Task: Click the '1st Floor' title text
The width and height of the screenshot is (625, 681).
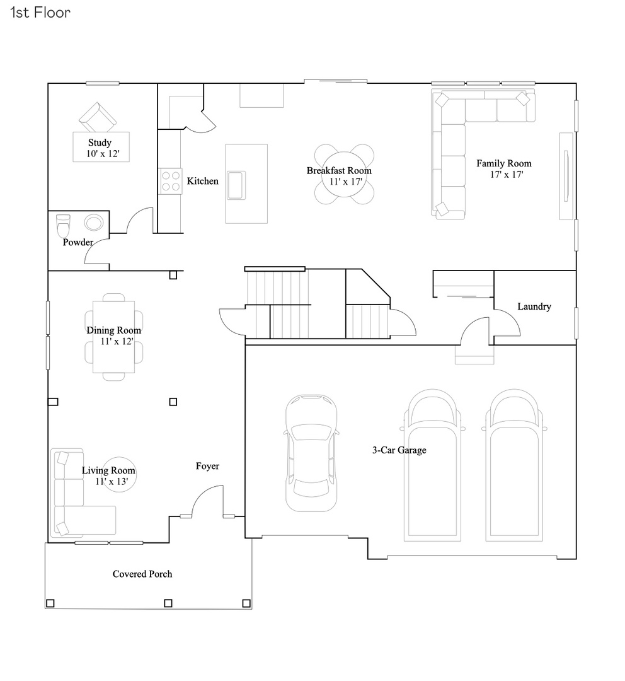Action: [40, 13]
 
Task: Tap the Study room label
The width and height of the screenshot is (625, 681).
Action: [100, 143]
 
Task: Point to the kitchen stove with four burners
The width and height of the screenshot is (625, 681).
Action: [170, 181]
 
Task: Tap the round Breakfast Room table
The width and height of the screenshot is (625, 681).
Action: [344, 175]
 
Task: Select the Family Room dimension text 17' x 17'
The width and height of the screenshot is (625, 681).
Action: [507, 174]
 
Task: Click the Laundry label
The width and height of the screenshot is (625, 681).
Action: [534, 307]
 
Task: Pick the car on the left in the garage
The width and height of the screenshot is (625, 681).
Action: [311, 453]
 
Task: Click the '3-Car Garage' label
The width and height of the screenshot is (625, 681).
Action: [399, 450]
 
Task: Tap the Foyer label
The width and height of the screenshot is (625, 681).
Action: [207, 466]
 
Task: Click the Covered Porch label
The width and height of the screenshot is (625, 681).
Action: [142, 574]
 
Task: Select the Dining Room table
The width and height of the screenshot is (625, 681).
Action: [114, 337]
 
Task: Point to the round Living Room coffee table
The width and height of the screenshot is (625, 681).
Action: [117, 474]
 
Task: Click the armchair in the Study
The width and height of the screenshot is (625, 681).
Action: [98, 118]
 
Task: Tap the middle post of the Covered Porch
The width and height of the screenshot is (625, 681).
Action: [168, 603]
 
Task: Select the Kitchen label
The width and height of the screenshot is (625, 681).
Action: [203, 182]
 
